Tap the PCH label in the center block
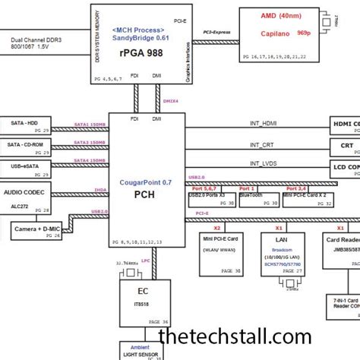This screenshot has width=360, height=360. tap(145, 194)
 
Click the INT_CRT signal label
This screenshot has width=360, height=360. tap(263, 144)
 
